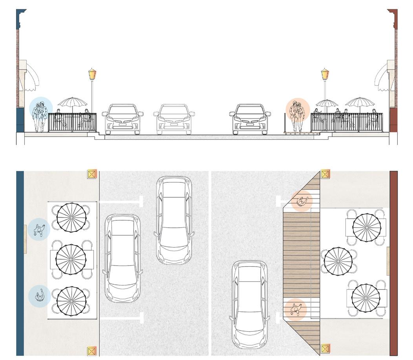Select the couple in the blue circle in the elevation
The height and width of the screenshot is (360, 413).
coord(40,116)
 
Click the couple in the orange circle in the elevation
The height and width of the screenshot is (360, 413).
coord(297,116)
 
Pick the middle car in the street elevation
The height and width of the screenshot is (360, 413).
coord(174,119)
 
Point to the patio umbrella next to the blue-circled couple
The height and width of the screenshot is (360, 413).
coord(72,103)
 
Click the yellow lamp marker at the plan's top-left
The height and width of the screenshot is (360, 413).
coord(92,174)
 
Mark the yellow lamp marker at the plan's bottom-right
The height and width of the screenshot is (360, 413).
coord(325,348)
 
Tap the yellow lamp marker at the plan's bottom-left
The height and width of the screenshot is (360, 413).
coord(92,351)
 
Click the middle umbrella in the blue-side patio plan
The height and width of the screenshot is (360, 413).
coord(71,259)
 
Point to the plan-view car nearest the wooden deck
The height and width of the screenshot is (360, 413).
coord(250,304)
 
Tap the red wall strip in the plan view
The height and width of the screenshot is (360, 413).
coord(393,263)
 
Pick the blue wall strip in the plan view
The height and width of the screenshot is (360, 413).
coord(20,263)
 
